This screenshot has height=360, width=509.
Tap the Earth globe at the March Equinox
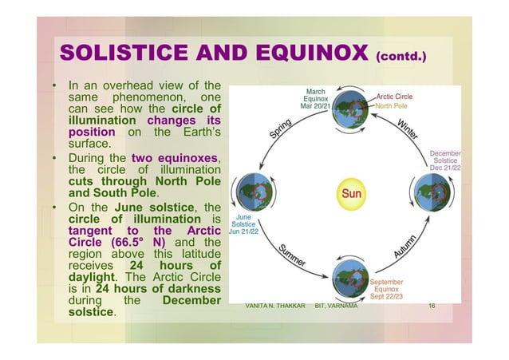pos(351,112)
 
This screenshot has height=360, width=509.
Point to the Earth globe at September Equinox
pos(351,274)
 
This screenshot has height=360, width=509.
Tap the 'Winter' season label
pos(412,129)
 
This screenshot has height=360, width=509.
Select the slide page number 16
pos(432,307)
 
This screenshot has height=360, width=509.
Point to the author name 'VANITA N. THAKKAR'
pos(275,307)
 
